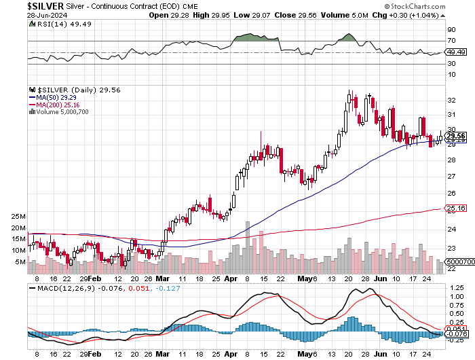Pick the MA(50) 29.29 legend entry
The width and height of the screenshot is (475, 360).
point(50,98)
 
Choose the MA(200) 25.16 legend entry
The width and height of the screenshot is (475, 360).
point(52,105)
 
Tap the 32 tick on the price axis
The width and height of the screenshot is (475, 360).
point(451,99)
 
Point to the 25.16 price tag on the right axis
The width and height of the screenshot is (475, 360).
point(455,209)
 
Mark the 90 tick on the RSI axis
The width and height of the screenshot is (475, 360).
point(451,30)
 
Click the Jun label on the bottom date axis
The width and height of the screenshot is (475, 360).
point(382,355)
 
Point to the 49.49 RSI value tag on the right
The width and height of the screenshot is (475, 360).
point(456,52)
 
